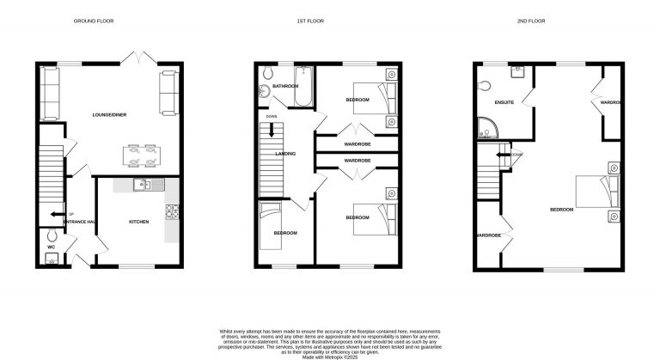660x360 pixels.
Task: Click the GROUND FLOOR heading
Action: [94, 21]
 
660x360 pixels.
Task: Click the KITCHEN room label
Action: [139, 222]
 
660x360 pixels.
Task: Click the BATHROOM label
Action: [284, 87]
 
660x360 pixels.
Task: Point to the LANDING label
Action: [285, 154]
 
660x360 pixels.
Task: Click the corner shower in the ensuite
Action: [488, 128]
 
